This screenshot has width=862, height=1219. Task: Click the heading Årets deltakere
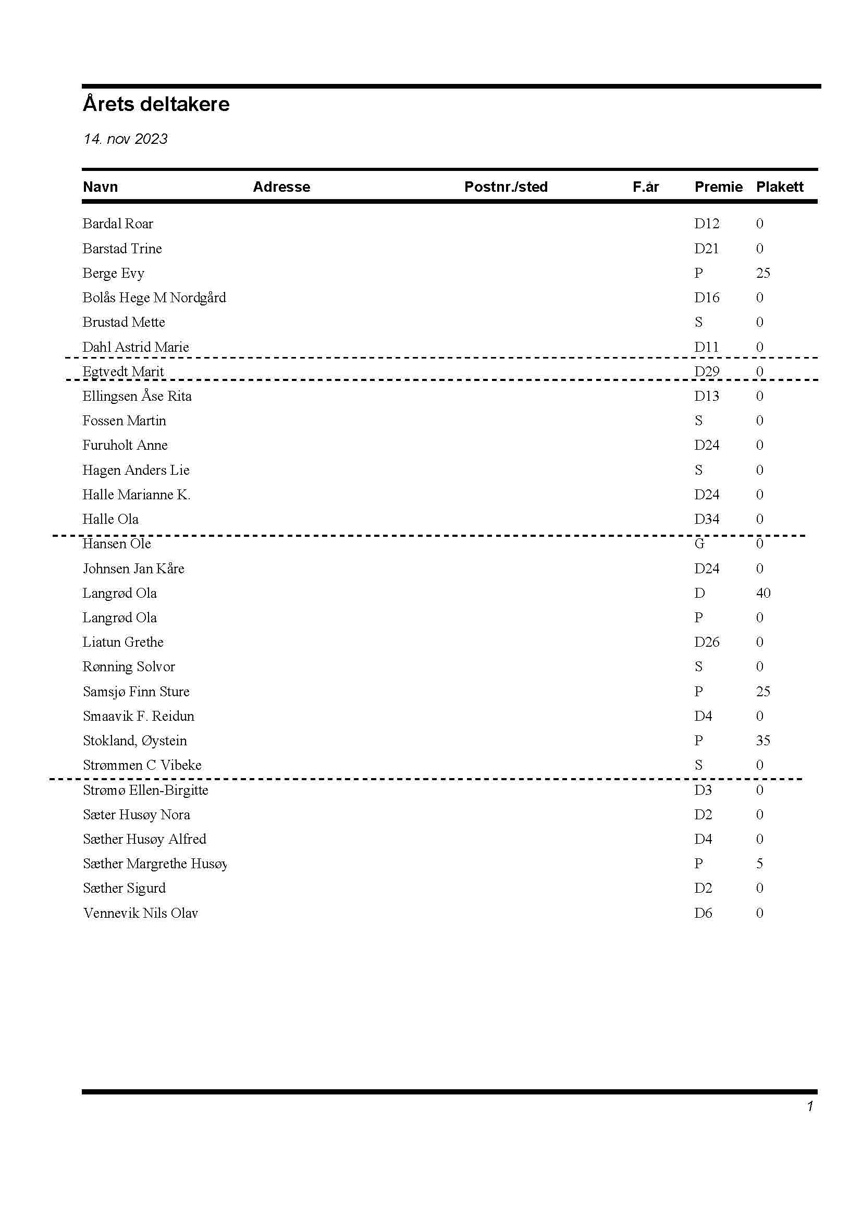coord(156,104)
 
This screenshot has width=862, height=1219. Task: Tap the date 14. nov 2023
coord(125,139)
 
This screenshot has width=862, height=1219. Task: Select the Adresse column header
coord(281,187)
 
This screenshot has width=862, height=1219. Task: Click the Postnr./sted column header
coord(506,187)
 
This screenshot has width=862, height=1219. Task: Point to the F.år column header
coord(645,187)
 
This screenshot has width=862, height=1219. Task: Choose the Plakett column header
coord(779,187)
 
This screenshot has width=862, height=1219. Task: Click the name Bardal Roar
coord(118,224)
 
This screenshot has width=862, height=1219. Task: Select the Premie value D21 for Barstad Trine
coord(706,249)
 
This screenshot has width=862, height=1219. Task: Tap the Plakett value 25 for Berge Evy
coord(763,273)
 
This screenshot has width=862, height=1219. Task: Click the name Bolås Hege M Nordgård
coord(154,297)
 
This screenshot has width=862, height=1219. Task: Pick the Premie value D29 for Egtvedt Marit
coord(707,371)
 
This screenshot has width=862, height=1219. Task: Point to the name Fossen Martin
coord(124,421)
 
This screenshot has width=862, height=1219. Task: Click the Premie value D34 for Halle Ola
coord(707,519)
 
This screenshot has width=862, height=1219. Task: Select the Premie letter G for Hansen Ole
coord(699,544)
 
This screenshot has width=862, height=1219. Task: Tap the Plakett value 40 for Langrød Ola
coord(763,593)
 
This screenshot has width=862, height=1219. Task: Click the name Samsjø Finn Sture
coord(136,691)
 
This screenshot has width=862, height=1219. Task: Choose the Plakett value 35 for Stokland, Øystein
coord(763,741)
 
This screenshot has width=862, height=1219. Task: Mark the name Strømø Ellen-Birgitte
coord(145,790)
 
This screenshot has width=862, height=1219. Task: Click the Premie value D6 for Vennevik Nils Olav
coord(703,913)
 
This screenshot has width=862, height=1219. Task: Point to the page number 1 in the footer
coord(809,1106)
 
